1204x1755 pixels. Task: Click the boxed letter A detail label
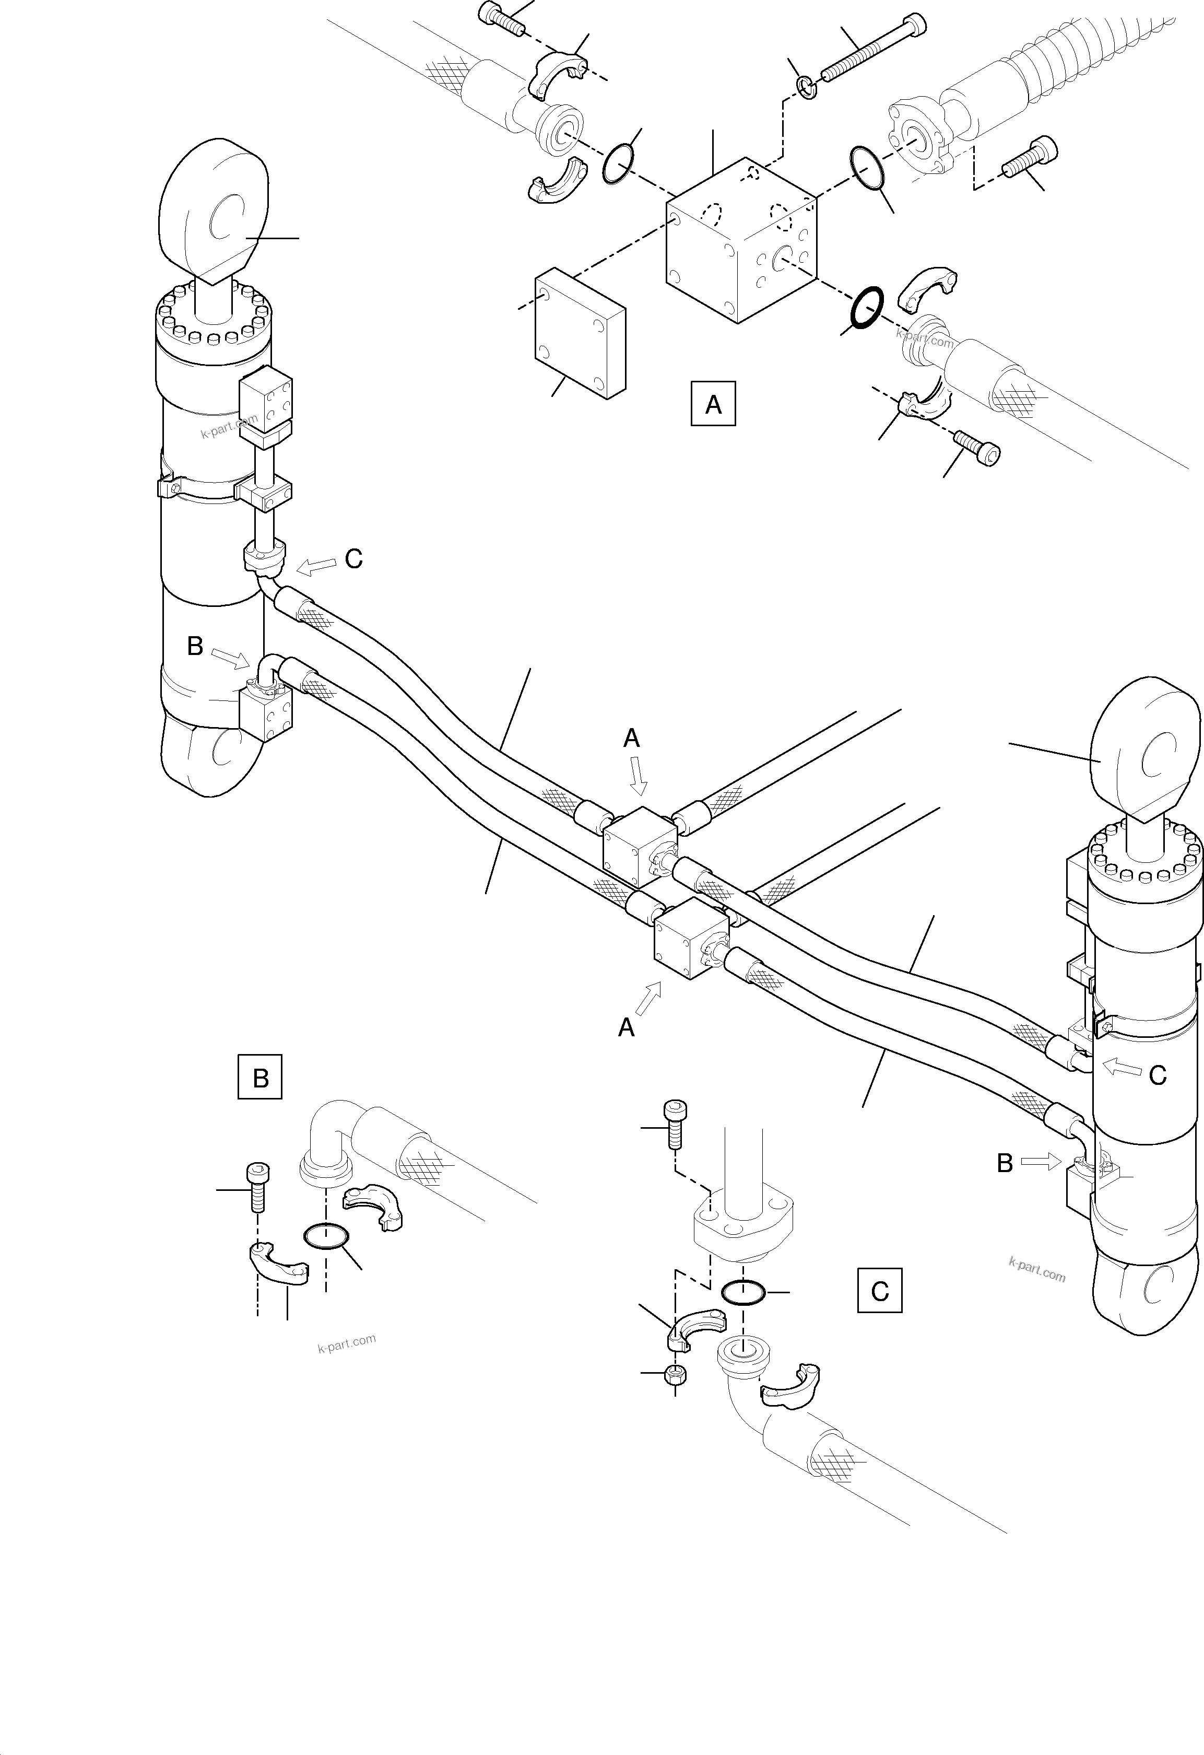(713, 405)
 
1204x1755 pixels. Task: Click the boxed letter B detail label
(259, 1077)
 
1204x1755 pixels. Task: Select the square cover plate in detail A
(580, 332)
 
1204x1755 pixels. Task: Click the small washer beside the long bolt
(807, 88)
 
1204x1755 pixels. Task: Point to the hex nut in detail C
(675, 1374)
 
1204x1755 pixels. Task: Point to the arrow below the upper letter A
(639, 776)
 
